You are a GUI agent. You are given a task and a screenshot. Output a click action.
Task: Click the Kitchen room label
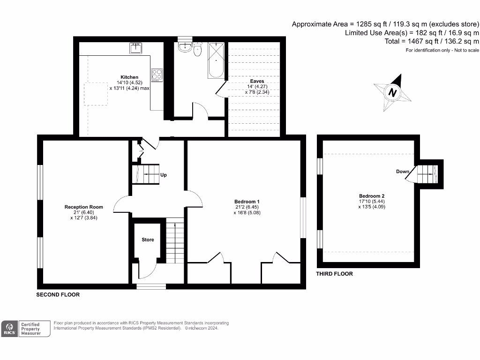coord(129,77)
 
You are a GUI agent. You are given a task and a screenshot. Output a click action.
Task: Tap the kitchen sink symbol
coord(136,48)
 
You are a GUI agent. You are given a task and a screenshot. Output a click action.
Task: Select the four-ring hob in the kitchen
coord(157,74)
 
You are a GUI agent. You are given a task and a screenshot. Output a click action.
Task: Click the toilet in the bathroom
coord(198,50)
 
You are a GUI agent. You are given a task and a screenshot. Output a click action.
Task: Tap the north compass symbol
coord(393,93)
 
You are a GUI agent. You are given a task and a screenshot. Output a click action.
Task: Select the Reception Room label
coord(83,207)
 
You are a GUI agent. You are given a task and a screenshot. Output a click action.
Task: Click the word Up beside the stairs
coord(164,175)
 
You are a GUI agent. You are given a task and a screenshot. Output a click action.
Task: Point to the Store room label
coord(148,240)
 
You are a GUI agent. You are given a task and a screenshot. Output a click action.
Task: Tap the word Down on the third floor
coord(402,172)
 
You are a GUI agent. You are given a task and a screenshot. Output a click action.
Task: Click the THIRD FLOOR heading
coord(334,274)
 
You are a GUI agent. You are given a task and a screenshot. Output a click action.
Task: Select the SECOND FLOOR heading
coord(58,295)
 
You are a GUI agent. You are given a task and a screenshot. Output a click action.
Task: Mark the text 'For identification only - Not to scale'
coord(442,50)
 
